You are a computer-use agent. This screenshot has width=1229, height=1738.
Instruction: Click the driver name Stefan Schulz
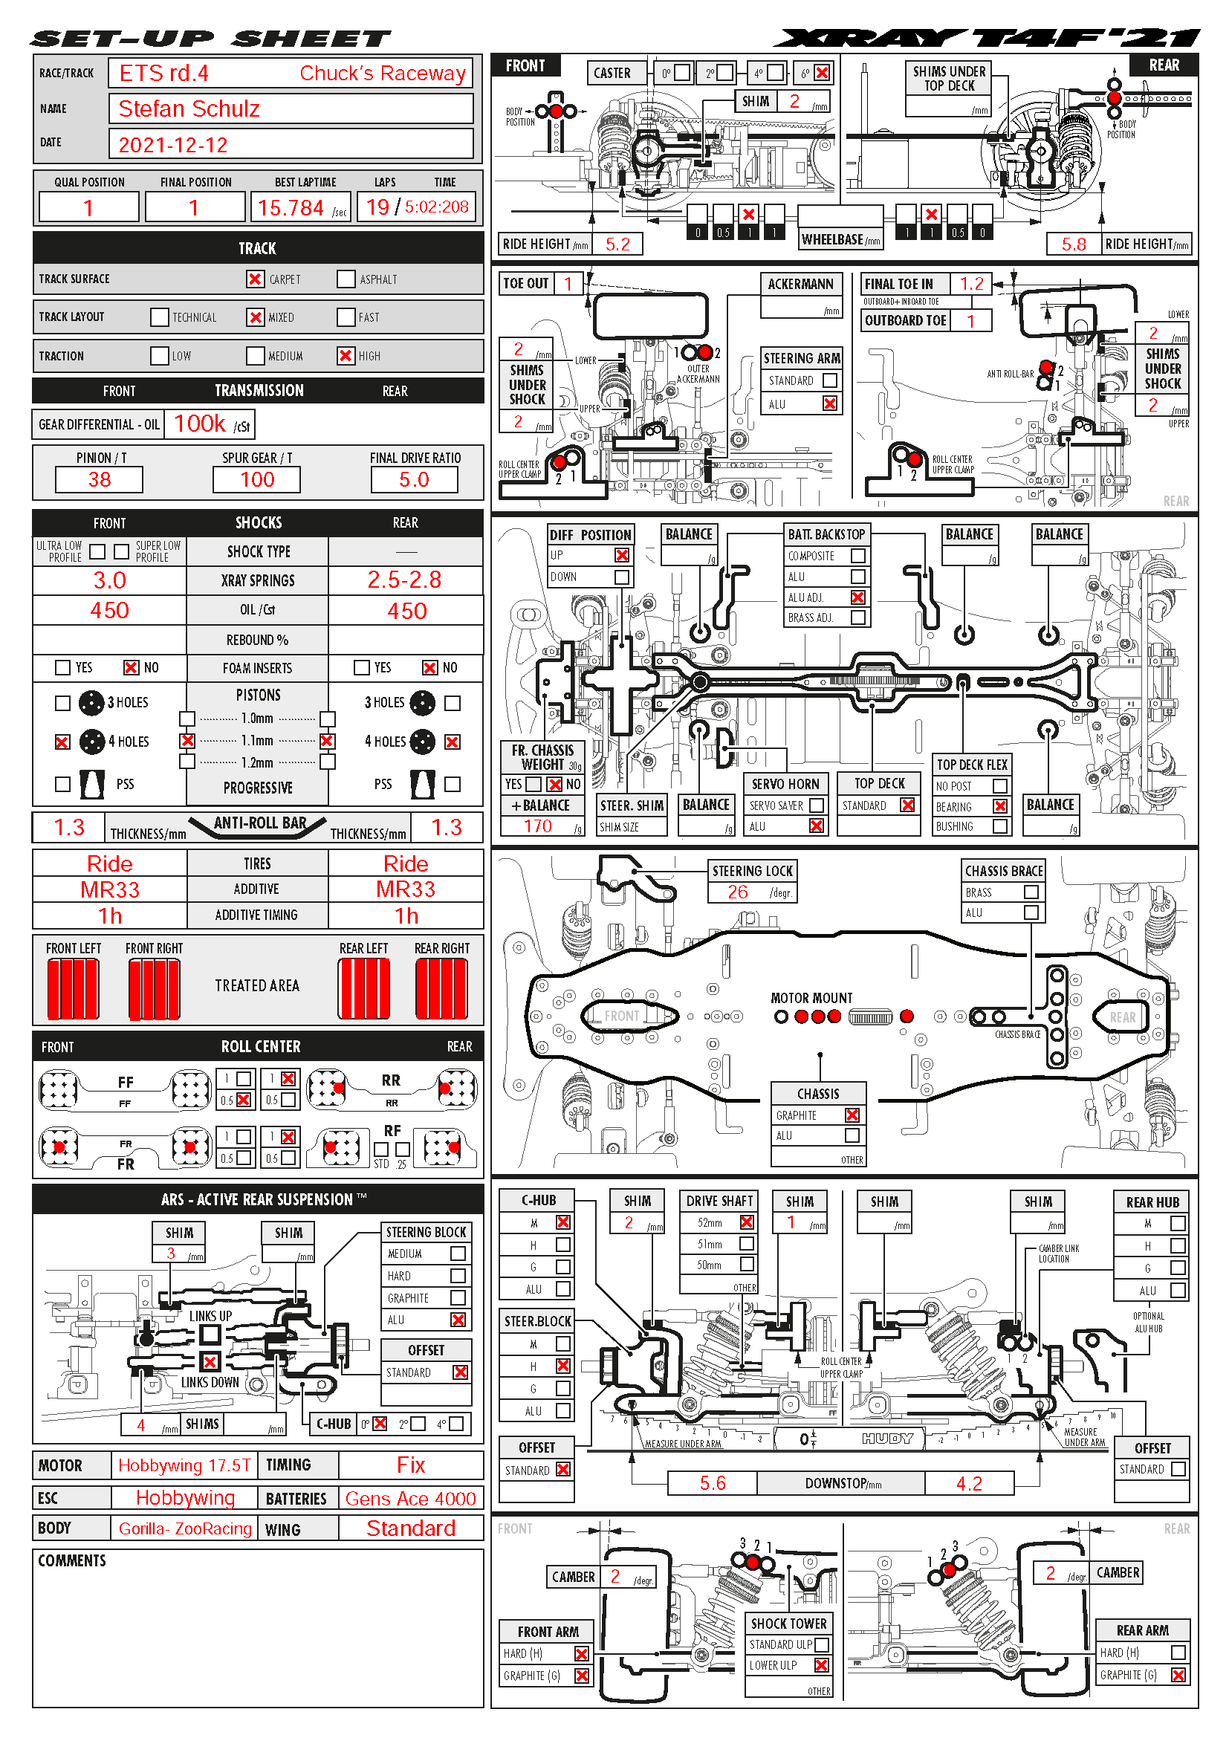point(189,109)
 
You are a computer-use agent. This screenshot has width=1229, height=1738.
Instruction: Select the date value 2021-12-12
point(173,145)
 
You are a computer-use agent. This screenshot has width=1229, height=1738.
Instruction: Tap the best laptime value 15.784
point(291,207)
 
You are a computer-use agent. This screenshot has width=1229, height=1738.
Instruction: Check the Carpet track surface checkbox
point(255,279)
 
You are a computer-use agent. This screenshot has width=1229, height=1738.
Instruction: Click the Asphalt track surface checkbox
point(346,279)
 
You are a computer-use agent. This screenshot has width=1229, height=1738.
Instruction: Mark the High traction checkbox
point(346,356)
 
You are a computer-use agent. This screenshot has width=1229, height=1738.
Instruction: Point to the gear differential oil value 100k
point(200,424)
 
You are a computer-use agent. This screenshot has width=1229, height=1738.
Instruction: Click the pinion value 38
point(99,480)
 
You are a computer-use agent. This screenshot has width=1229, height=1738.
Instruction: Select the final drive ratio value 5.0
point(414,480)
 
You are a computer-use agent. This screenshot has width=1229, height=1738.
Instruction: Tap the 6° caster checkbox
point(822,73)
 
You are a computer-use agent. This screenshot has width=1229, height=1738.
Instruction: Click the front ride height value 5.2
point(617,244)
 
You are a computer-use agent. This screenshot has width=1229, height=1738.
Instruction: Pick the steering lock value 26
point(738,892)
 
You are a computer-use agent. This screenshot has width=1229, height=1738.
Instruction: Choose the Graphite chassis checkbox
point(852,1115)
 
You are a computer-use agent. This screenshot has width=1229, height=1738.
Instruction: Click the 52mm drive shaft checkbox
point(747,1222)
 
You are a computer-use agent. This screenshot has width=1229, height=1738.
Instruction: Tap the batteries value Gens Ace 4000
point(410,1499)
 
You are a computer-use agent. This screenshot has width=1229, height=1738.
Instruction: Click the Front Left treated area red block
point(74,988)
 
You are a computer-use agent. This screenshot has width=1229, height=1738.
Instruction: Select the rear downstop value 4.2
point(969,1483)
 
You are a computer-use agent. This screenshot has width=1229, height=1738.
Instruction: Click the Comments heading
point(73,1560)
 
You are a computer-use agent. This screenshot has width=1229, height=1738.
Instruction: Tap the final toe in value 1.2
point(972,284)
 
